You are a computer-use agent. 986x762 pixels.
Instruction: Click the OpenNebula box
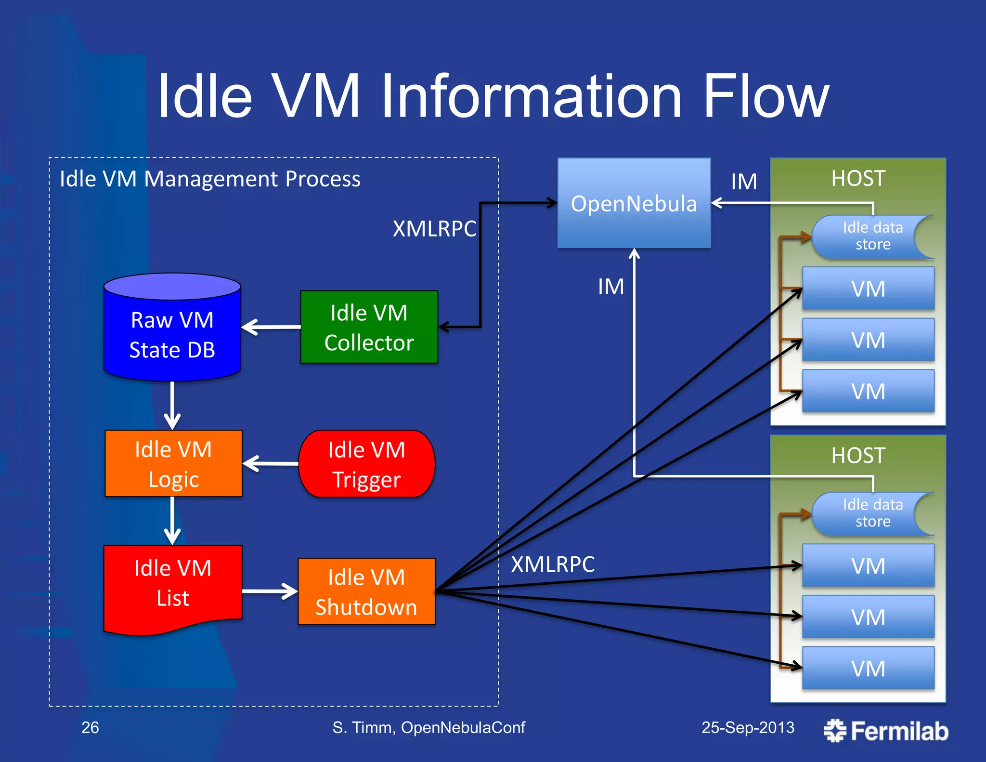click(634, 203)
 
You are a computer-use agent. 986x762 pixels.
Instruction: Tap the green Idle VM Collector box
click(369, 327)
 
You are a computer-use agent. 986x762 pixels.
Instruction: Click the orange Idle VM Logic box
click(173, 463)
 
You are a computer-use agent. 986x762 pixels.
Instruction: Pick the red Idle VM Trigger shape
click(366, 464)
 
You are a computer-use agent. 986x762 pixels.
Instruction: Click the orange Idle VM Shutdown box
click(366, 591)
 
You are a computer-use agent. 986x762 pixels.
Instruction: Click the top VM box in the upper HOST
click(868, 289)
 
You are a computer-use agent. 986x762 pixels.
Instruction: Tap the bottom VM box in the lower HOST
click(868, 668)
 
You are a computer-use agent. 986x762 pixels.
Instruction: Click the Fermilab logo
click(886, 731)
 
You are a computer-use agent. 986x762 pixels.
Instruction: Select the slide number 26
click(90, 727)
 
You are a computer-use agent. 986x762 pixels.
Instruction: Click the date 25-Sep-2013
click(748, 727)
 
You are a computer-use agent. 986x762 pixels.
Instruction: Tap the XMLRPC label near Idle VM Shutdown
click(553, 564)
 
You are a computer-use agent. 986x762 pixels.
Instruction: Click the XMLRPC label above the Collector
click(434, 228)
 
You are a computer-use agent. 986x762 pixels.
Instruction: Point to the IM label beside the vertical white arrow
click(610, 287)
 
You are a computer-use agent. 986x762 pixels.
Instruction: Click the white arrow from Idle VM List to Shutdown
click(270, 591)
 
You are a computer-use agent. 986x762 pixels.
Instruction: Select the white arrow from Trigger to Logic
click(271, 464)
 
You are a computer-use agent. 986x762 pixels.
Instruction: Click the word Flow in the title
click(765, 96)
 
